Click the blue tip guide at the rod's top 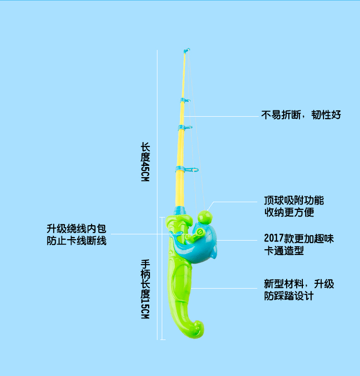click(187, 50)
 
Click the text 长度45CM click(145, 161)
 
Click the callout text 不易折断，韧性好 click(301, 115)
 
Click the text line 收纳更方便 click(289, 212)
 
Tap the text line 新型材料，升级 click(299, 284)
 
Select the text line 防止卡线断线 click(76, 241)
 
